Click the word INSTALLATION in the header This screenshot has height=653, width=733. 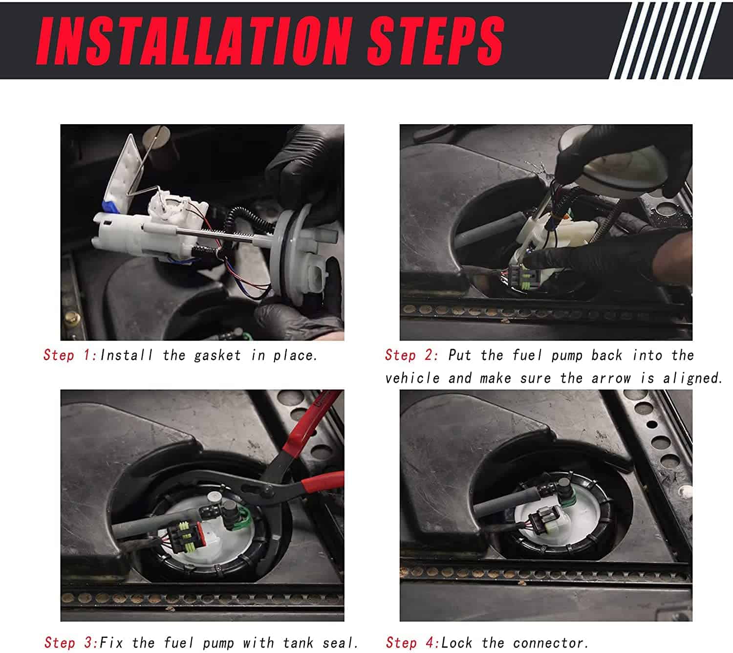(x=194, y=41)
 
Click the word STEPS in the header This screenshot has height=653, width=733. (x=435, y=41)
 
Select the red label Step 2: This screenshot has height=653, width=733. (x=412, y=355)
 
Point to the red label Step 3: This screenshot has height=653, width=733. (x=71, y=643)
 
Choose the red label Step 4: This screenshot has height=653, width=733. (x=413, y=643)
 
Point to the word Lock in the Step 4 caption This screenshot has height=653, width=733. (x=456, y=643)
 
